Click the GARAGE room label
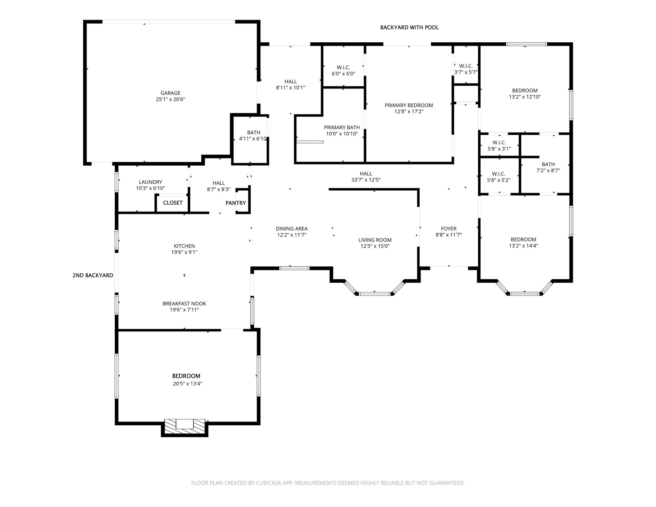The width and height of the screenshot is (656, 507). (170, 93)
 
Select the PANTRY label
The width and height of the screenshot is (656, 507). (235, 203)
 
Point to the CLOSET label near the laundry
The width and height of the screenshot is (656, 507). (172, 203)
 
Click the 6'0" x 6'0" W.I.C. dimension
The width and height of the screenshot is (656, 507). (343, 74)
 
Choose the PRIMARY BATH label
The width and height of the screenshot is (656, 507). (341, 128)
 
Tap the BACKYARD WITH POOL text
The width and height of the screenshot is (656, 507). (409, 28)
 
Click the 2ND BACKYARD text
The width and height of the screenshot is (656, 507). (93, 275)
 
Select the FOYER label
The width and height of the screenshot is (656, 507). (448, 229)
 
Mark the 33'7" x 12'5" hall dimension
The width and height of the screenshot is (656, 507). (366, 180)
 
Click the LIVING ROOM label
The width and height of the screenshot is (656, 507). (375, 240)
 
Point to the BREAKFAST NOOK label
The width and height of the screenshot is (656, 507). (184, 304)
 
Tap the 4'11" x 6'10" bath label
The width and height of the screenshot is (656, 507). (253, 139)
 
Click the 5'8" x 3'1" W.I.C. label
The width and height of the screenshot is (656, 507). (499, 149)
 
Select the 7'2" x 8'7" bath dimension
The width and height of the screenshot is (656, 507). (548, 171)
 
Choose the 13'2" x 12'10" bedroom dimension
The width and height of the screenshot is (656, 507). (525, 97)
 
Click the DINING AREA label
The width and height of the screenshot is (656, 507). (291, 229)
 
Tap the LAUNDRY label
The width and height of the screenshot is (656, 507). (150, 182)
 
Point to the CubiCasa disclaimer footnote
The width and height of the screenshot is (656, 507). (328, 483)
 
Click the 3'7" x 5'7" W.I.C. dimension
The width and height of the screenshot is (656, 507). (465, 72)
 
